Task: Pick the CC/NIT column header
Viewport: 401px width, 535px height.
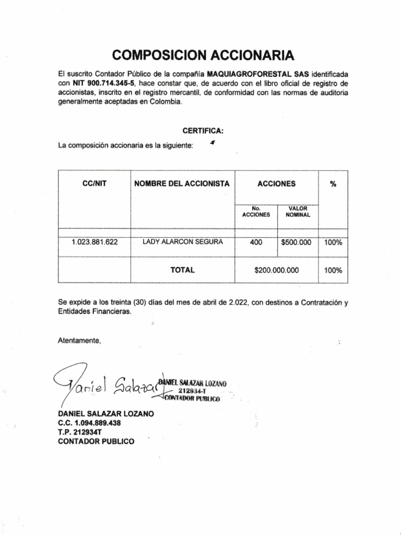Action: point(94,184)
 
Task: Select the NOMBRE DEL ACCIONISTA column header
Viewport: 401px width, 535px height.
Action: point(182,184)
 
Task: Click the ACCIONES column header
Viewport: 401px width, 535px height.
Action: point(276,184)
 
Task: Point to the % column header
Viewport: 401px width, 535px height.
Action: point(333,184)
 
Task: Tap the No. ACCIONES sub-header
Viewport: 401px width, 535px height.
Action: point(256,211)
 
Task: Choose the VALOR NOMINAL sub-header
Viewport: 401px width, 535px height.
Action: point(298,211)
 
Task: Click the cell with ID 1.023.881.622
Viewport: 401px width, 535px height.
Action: point(95,242)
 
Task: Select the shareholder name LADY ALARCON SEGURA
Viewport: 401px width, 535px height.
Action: point(182,242)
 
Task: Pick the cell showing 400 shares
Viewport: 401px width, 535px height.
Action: point(256,242)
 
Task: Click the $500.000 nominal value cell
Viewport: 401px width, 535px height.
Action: point(296,242)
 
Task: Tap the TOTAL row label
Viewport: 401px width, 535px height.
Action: point(182,270)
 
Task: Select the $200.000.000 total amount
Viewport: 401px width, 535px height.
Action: point(276,271)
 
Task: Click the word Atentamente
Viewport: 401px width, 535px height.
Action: point(79,341)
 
